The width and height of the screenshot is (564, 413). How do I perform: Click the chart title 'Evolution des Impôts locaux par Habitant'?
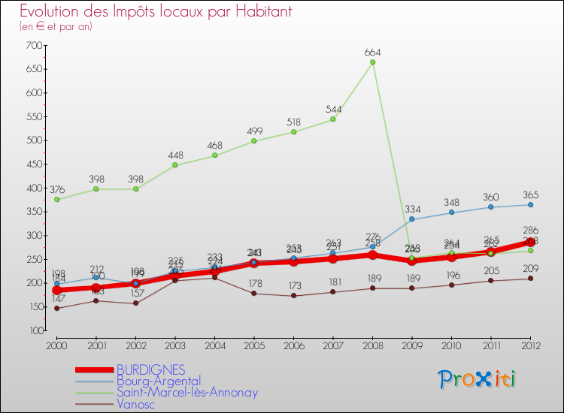coord(156,12)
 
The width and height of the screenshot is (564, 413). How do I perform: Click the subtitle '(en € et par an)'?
coord(56,26)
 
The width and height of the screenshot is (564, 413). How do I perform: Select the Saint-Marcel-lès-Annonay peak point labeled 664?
coord(372,62)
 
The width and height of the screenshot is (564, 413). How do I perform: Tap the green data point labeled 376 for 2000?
coord(56,199)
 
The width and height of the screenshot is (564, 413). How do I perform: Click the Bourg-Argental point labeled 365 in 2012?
coord(530,204)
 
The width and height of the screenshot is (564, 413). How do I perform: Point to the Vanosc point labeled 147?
coord(56,308)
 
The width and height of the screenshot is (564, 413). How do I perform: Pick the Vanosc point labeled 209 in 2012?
coord(530,279)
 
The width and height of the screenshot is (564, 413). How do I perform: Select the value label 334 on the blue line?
coord(412,208)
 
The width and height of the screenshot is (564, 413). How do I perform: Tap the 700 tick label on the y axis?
coord(33,46)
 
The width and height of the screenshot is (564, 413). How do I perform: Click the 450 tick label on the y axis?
coord(33,164)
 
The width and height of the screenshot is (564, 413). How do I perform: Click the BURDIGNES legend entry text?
coord(150,369)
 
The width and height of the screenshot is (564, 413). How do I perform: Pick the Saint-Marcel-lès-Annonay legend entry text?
coord(187,392)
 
